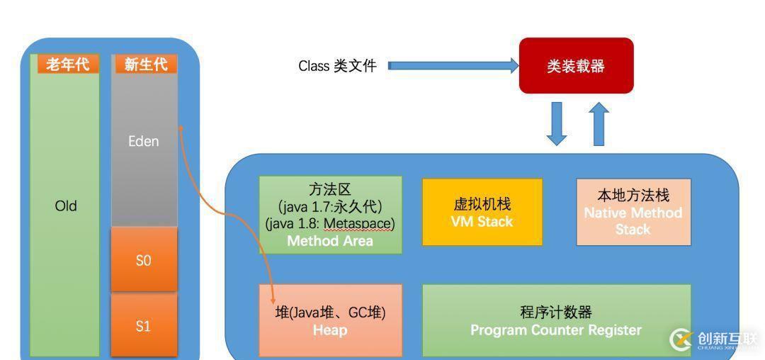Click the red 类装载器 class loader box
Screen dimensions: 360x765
(x=576, y=65)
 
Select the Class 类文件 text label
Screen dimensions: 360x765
(x=337, y=66)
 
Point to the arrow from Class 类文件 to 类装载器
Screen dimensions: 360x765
(x=453, y=66)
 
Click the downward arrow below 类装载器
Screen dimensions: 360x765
(x=557, y=123)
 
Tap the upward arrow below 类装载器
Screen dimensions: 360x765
(x=599, y=123)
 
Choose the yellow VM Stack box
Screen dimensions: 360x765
(x=482, y=212)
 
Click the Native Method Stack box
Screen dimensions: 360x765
(x=633, y=212)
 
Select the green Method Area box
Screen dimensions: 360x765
(x=330, y=215)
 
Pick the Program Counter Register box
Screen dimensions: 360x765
(x=556, y=320)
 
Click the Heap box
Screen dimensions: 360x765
(x=330, y=320)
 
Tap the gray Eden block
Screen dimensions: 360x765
(x=144, y=142)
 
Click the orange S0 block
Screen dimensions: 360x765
(x=144, y=260)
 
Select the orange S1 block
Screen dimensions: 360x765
(x=144, y=326)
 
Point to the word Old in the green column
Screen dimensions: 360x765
(x=66, y=206)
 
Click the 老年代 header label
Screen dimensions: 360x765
(x=68, y=64)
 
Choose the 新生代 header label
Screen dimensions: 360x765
(x=146, y=64)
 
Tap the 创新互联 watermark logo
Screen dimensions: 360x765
(x=712, y=339)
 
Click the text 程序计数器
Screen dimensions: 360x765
(x=556, y=313)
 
